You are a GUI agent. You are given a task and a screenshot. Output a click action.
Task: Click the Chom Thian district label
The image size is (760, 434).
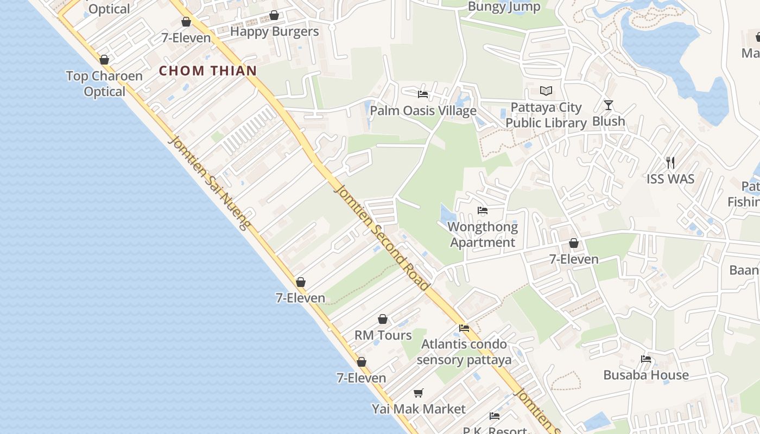tap(208, 71)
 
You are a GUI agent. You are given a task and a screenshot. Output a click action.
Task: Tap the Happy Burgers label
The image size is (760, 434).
tap(274, 31)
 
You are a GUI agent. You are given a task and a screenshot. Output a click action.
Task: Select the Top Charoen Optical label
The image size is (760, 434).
tap(104, 84)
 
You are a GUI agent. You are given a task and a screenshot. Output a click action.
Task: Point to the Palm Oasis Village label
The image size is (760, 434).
tap(423, 111)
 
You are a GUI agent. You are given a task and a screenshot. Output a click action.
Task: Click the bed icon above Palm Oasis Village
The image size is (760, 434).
tap(423, 94)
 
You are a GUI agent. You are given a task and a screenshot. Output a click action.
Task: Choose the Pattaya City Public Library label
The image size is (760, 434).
tap(546, 115)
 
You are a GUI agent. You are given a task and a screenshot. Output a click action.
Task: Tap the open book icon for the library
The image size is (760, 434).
tap(546, 91)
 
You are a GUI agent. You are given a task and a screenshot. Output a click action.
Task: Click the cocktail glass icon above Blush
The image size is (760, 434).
tap(609, 105)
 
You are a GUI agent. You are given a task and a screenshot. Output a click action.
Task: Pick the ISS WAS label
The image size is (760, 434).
tap(670, 178)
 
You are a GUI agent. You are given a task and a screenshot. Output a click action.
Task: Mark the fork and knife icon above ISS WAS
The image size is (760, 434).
tap(670, 162)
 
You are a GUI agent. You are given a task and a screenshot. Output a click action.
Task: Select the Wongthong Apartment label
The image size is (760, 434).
tap(483, 234)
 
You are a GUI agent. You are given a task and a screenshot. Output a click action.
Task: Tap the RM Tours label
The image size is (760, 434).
tap(383, 335)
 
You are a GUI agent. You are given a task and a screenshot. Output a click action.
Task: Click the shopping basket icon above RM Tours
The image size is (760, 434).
tap(383, 319)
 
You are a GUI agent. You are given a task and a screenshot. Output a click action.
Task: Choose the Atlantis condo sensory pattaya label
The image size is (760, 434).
tap(464, 352)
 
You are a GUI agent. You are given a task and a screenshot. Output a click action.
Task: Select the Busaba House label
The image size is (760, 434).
tap(646, 375)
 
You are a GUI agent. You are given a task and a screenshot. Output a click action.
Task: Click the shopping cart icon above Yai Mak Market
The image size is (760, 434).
tap(418, 393)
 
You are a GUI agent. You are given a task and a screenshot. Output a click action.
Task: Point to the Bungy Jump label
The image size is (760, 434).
tap(504, 7)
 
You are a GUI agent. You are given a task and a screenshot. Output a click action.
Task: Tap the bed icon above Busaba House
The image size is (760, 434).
tap(646, 359)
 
